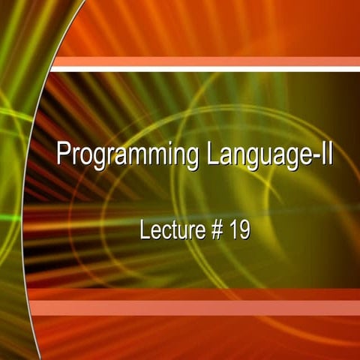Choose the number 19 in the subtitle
240,229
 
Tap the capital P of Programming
64,155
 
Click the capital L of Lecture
145,229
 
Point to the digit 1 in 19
233,229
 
